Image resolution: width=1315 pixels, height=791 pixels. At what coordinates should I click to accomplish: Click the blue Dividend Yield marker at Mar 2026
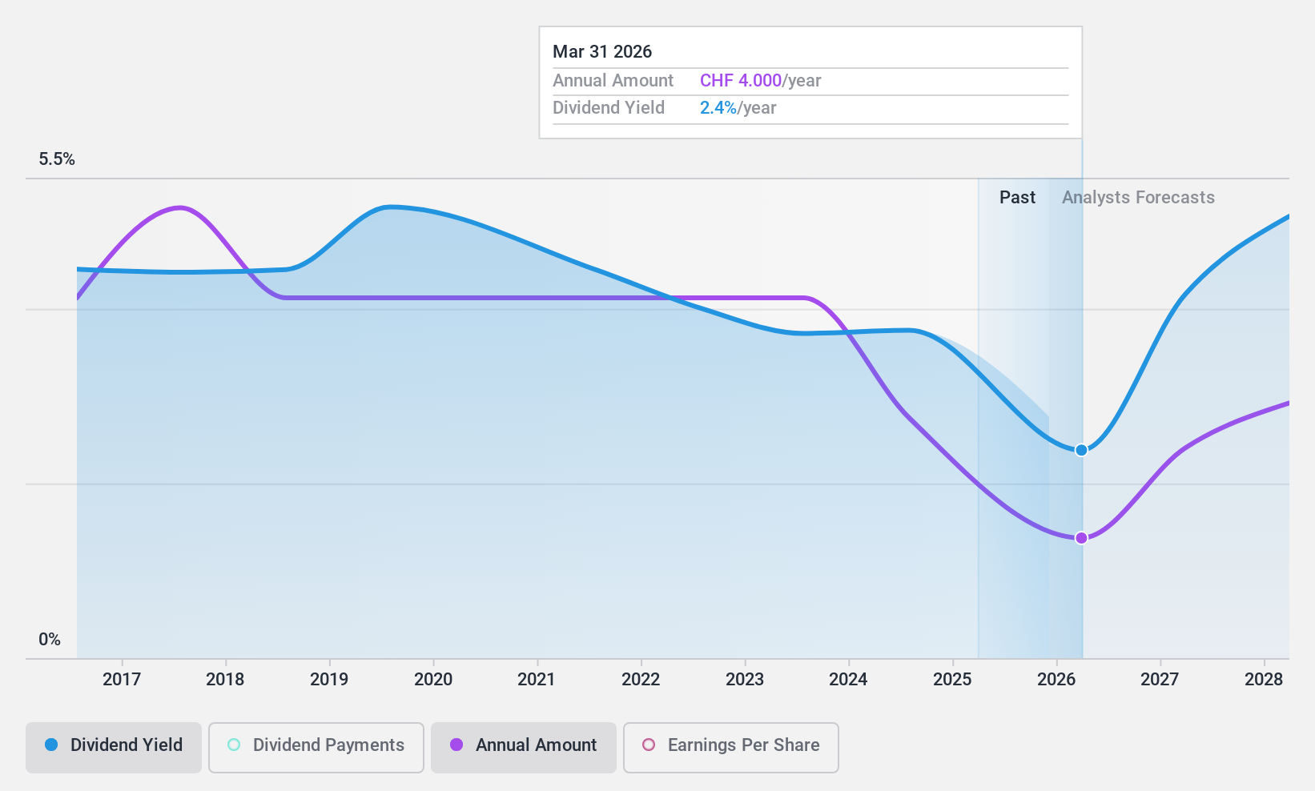tap(1081, 450)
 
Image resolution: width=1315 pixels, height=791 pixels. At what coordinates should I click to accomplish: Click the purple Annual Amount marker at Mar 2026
tap(1081, 538)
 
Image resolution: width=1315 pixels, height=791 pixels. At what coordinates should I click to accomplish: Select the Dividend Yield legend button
tap(114, 745)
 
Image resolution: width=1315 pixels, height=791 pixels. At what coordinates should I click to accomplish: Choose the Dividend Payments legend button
tap(316, 745)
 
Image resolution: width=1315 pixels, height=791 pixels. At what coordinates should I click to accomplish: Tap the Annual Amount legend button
tap(524, 745)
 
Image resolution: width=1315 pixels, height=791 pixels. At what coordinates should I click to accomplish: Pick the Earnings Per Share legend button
tap(730, 745)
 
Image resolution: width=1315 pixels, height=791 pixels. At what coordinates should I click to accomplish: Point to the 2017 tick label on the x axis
tap(122, 680)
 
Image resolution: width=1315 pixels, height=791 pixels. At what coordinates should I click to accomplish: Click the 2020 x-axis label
tap(433, 680)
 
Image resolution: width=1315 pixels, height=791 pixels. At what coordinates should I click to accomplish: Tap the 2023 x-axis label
tap(745, 680)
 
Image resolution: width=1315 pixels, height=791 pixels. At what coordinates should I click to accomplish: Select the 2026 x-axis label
tap(1056, 680)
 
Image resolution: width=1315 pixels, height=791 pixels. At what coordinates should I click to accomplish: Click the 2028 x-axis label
tap(1264, 680)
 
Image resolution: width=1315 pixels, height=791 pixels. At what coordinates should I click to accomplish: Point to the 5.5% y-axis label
tap(57, 159)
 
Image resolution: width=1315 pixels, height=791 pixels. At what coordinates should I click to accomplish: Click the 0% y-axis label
tap(50, 640)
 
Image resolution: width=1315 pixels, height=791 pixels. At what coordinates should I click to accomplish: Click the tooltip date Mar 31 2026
tap(602, 52)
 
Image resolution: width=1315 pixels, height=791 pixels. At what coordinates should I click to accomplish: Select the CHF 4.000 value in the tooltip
tap(740, 81)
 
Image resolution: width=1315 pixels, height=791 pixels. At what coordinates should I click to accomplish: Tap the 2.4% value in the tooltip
tap(718, 108)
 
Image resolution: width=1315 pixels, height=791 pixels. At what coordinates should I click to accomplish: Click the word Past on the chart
tap(1017, 198)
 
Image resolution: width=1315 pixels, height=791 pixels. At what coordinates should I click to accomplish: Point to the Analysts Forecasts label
tap(1138, 198)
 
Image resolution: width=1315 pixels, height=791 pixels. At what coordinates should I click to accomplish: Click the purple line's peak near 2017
tap(180, 207)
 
